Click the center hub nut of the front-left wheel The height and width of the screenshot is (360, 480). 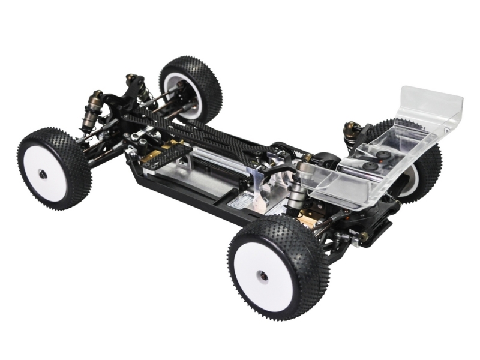(x=43, y=174)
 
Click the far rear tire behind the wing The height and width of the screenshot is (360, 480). (x=427, y=174)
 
